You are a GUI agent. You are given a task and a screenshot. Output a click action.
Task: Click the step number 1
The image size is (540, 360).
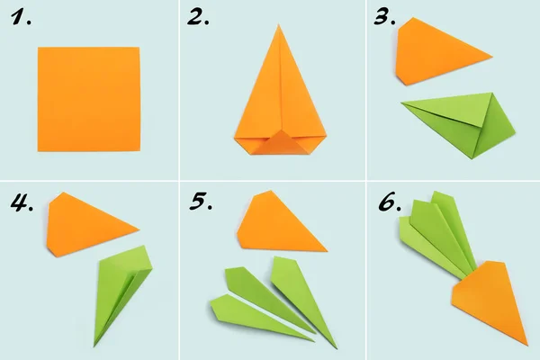click(20, 17)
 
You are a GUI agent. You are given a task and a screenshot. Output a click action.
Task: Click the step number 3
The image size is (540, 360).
click(382, 17)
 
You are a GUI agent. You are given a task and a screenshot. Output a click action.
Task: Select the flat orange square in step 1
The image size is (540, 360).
click(89, 99)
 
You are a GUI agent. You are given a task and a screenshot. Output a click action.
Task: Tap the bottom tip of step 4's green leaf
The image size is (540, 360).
click(96, 346)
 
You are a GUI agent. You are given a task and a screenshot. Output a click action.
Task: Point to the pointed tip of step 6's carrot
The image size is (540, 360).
click(526, 343)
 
